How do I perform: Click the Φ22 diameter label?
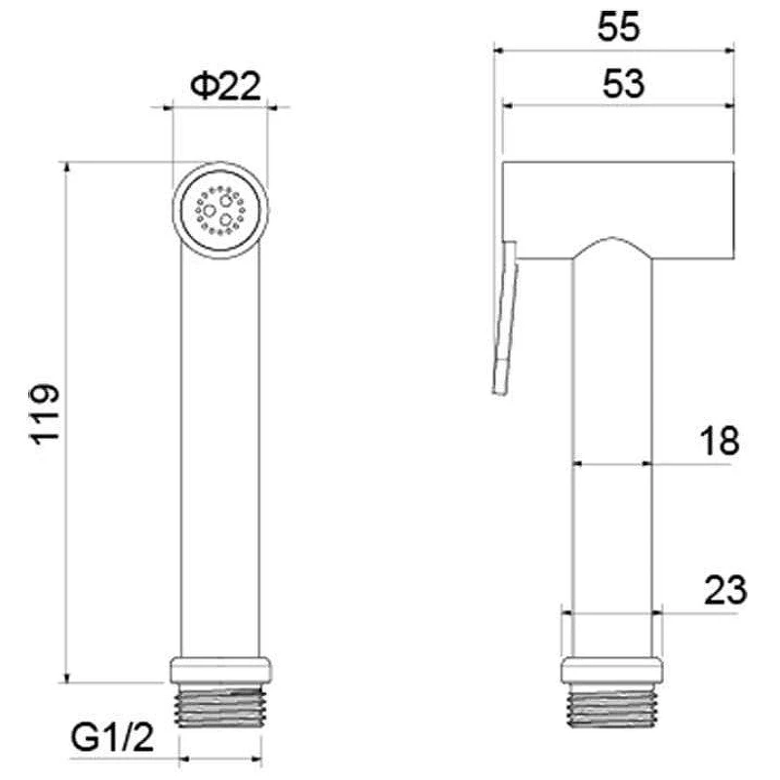pos(225,86)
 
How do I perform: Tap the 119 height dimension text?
pos(45,413)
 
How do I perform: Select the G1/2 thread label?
pos(112,738)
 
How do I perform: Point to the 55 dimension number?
pos(618,27)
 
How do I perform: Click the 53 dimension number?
pos(623,84)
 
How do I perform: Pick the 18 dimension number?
pos(720,441)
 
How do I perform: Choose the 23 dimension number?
pos(725,590)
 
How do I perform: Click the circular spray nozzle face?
pos(220,210)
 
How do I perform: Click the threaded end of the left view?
pos(220,705)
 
